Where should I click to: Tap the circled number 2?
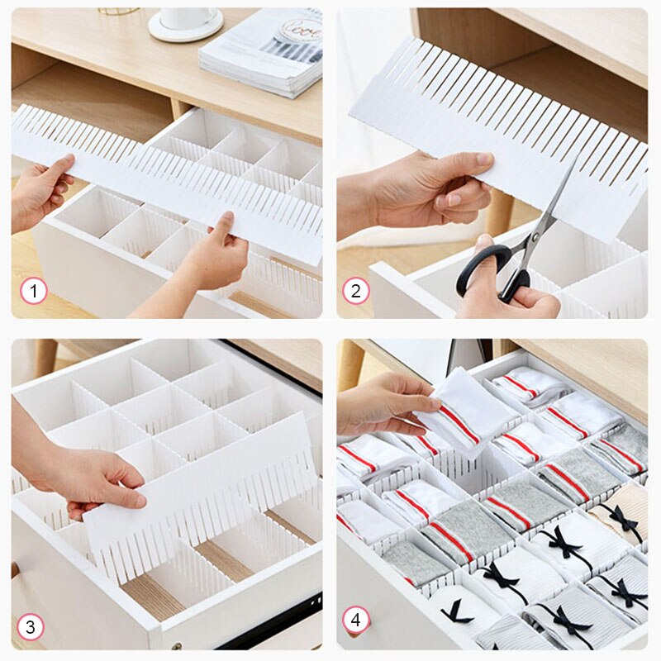pyautogui.click(x=356, y=290)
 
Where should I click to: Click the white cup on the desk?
pyautogui.click(x=188, y=19)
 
